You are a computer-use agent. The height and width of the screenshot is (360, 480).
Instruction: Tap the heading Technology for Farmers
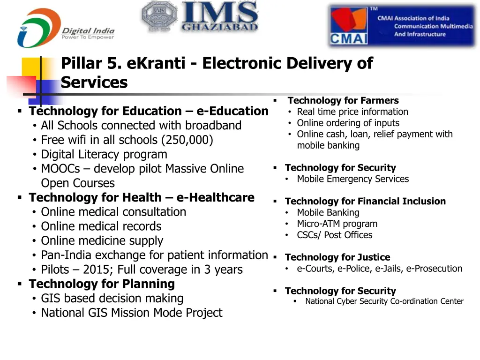click(343, 100)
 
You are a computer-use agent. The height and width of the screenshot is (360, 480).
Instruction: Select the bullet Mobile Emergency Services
click(352, 179)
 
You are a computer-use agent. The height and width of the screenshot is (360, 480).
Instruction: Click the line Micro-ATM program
click(337, 224)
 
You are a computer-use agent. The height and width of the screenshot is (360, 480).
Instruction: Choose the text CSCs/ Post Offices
click(334, 235)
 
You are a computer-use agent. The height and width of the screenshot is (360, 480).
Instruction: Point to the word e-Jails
click(389, 269)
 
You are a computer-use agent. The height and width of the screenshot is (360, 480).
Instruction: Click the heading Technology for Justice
click(337, 257)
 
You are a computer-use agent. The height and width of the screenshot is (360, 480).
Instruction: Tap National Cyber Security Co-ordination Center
click(384, 301)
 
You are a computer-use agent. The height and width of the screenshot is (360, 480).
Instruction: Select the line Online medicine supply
click(102, 241)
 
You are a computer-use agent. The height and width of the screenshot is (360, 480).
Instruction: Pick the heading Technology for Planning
click(101, 284)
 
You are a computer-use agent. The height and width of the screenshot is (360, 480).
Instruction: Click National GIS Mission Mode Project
click(131, 313)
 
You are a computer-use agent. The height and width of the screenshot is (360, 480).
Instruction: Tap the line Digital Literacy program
click(104, 155)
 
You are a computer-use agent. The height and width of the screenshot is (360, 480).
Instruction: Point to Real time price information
click(352, 112)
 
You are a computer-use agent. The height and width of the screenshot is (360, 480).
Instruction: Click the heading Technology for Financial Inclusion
click(365, 202)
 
